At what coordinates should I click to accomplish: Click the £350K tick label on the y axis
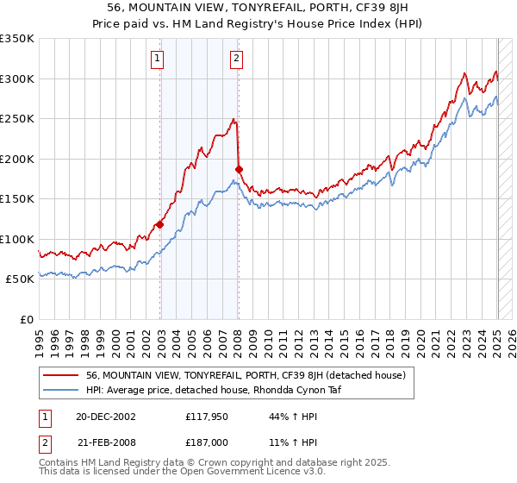[x=17, y=39]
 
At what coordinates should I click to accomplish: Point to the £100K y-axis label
[x=17, y=239]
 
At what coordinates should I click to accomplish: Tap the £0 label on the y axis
[x=27, y=319]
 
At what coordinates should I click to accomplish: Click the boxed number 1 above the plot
[x=159, y=59]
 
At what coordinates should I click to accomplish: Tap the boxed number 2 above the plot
[x=236, y=59]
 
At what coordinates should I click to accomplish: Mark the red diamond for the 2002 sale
[x=160, y=225]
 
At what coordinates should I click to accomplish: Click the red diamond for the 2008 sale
[x=240, y=169]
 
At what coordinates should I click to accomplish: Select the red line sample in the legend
[x=61, y=375]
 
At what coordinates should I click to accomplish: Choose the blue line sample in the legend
[x=61, y=391]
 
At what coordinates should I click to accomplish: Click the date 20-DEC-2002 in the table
[x=105, y=417]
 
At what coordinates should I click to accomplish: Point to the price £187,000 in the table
[x=207, y=442]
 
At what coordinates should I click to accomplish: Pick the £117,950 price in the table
[x=207, y=417]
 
